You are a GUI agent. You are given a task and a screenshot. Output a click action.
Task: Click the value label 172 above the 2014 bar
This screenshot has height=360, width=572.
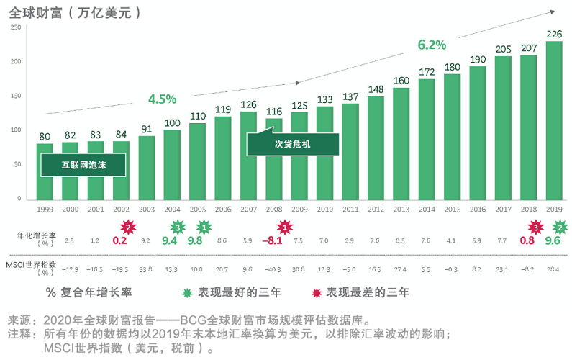tap(427, 72)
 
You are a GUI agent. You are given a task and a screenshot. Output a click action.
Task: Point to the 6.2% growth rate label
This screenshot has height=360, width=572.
tap(432, 45)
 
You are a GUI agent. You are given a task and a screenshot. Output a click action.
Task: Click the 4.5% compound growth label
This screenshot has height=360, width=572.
tap(162, 99)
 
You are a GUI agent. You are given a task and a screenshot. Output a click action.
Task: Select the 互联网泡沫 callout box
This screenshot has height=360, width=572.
tap(83, 166)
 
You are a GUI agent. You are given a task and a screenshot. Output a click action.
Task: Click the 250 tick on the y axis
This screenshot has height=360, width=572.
tap(15, 27)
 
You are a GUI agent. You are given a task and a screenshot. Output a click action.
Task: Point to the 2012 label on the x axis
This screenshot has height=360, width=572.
tap(376, 209)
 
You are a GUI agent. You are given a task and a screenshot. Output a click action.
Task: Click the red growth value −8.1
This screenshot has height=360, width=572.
tap(273, 240)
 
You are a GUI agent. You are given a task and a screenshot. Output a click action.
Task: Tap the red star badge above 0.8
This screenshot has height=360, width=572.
tap(535, 228)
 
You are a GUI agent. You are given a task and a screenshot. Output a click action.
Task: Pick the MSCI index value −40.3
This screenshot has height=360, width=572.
tap(273, 269)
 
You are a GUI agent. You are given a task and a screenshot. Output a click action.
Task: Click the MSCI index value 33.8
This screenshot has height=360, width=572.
tap(145, 269)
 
